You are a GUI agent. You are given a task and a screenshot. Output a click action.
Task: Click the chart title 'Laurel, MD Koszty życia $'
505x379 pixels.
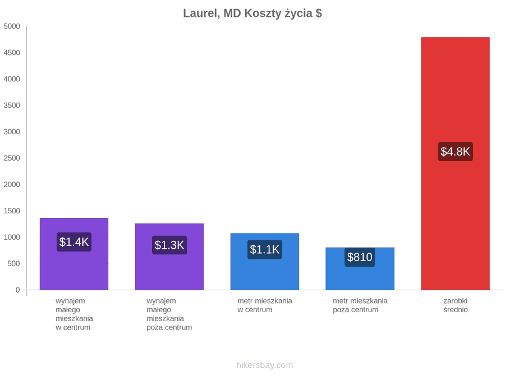click(x=252, y=13)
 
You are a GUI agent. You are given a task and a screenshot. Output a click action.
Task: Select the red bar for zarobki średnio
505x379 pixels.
click(x=456, y=163)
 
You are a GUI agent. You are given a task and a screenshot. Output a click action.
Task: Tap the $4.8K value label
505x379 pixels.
click(x=456, y=152)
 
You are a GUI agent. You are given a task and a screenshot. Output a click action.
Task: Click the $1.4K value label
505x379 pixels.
click(x=74, y=241)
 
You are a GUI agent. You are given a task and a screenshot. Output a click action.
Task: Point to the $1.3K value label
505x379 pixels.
click(x=169, y=245)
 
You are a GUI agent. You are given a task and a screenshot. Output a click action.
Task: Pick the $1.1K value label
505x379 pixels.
click(x=265, y=249)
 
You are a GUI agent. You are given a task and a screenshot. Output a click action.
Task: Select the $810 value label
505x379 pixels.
click(x=360, y=257)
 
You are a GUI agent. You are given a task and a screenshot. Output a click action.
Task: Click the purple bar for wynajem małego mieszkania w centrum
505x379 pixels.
click(x=74, y=254)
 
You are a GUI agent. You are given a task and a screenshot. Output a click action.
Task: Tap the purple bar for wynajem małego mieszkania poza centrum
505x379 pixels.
click(x=169, y=257)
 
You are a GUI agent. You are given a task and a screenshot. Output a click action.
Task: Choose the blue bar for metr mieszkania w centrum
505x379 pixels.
click(x=265, y=261)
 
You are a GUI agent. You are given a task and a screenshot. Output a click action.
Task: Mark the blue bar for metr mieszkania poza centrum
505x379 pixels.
click(x=360, y=269)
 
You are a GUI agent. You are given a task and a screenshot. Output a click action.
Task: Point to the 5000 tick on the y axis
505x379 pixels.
click(x=12, y=26)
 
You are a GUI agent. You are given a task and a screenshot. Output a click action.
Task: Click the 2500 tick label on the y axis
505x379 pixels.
click(x=12, y=158)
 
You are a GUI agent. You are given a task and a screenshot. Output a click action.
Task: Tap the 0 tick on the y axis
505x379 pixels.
click(x=18, y=290)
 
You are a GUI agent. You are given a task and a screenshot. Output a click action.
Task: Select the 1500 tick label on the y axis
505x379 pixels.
click(x=12, y=211)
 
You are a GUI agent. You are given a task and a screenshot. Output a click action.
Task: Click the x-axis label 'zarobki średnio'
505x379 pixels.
click(x=456, y=305)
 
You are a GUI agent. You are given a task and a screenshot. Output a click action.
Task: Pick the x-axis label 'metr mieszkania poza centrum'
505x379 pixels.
click(x=360, y=305)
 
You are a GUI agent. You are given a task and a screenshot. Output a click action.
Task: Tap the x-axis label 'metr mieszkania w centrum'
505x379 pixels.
click(x=265, y=305)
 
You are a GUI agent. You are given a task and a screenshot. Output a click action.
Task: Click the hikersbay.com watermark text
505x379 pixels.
click(x=265, y=365)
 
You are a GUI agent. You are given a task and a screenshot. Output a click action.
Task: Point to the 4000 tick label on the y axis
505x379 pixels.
click(x=12, y=79)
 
